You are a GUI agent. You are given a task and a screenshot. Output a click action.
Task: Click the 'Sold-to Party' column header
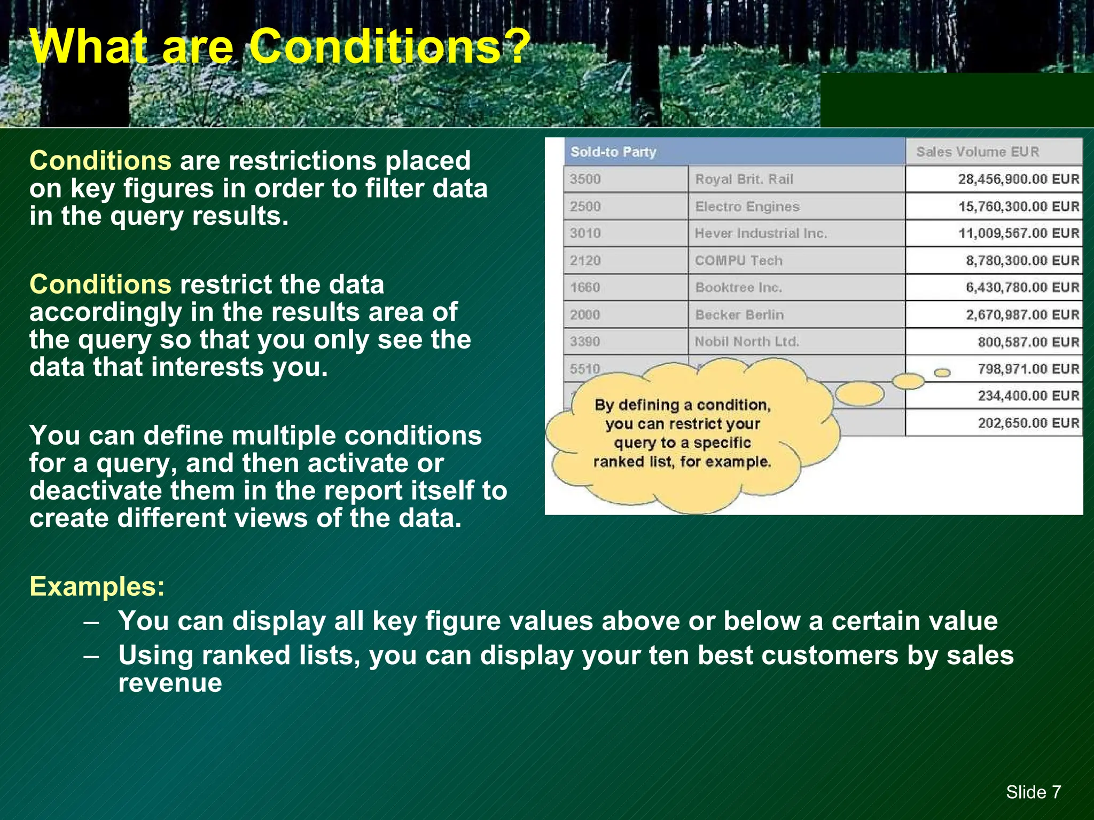613,152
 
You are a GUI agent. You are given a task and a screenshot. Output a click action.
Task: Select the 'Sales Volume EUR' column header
978,152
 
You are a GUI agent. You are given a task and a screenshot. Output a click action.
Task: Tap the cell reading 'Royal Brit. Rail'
744,179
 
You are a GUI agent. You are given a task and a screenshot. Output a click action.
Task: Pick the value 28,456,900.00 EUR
1018,179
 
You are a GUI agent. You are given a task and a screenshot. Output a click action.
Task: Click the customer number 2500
585,207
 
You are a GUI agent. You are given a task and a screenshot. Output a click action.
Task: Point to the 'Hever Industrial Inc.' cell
760,233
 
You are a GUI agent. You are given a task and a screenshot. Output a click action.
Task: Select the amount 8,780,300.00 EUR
1022,261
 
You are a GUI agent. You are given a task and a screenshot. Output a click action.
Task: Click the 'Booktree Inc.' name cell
738,288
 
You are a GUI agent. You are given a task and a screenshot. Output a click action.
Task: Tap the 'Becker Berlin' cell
739,315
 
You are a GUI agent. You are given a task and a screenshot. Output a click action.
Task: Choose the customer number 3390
585,342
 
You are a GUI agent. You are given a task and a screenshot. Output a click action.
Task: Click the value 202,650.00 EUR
1028,423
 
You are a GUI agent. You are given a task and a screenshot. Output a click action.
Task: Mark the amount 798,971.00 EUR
1028,369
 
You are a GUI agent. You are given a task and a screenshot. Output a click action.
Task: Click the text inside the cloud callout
682,433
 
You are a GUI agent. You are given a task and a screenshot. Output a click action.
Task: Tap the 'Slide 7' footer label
1033,792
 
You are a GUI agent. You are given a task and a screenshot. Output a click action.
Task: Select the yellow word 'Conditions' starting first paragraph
100,161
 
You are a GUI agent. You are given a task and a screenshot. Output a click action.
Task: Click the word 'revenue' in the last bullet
170,683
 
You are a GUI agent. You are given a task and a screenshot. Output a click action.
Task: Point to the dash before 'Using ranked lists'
91,656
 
